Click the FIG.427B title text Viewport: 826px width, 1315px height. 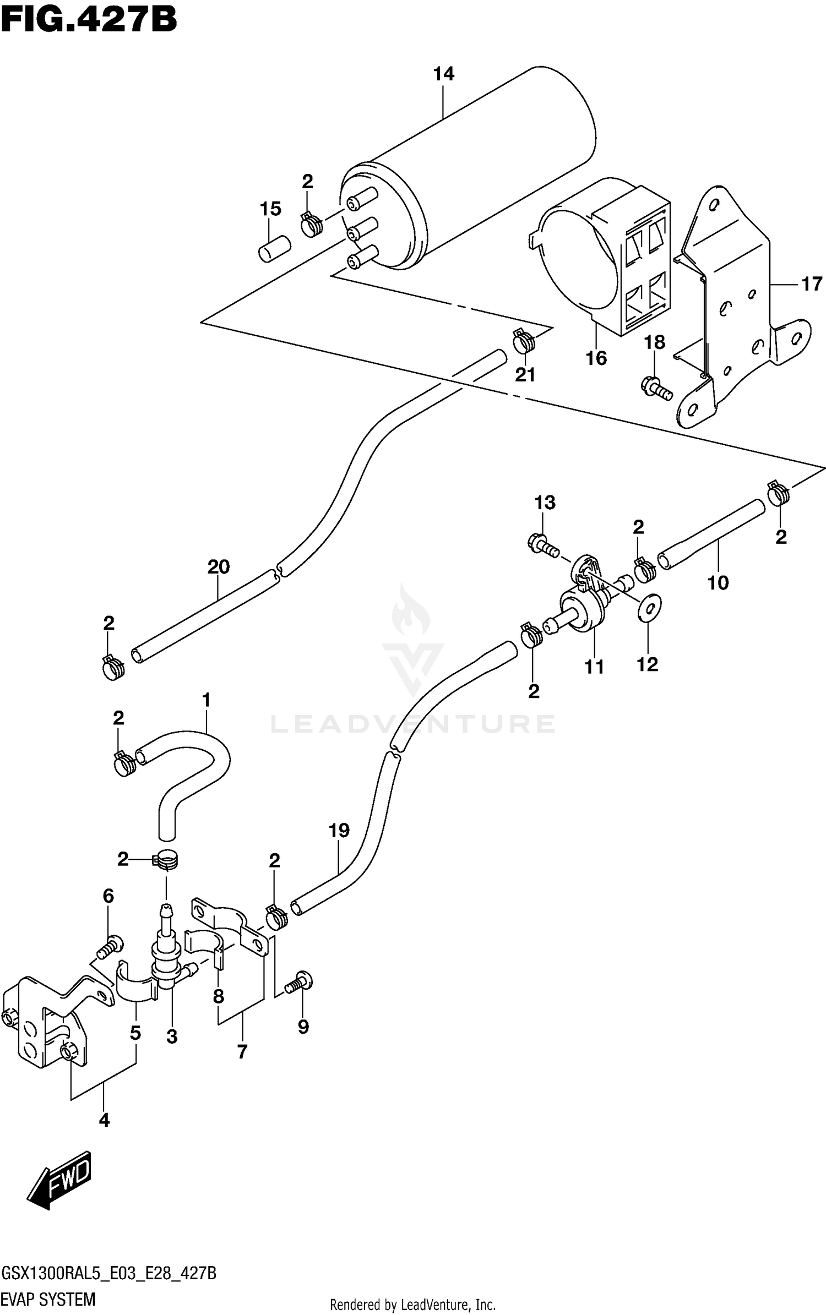click(x=89, y=20)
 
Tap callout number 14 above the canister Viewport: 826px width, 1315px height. click(x=443, y=74)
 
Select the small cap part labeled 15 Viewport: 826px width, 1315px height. click(x=274, y=249)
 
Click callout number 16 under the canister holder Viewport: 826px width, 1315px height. click(x=596, y=358)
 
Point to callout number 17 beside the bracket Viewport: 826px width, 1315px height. click(x=811, y=284)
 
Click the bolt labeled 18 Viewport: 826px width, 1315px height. click(x=656, y=388)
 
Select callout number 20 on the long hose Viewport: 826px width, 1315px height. click(x=218, y=566)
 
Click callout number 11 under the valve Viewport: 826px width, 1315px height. click(x=594, y=667)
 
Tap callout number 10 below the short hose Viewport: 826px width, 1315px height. click(x=718, y=582)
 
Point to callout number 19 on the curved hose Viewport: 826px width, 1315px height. click(x=339, y=830)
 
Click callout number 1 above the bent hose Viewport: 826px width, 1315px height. click(x=206, y=701)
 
